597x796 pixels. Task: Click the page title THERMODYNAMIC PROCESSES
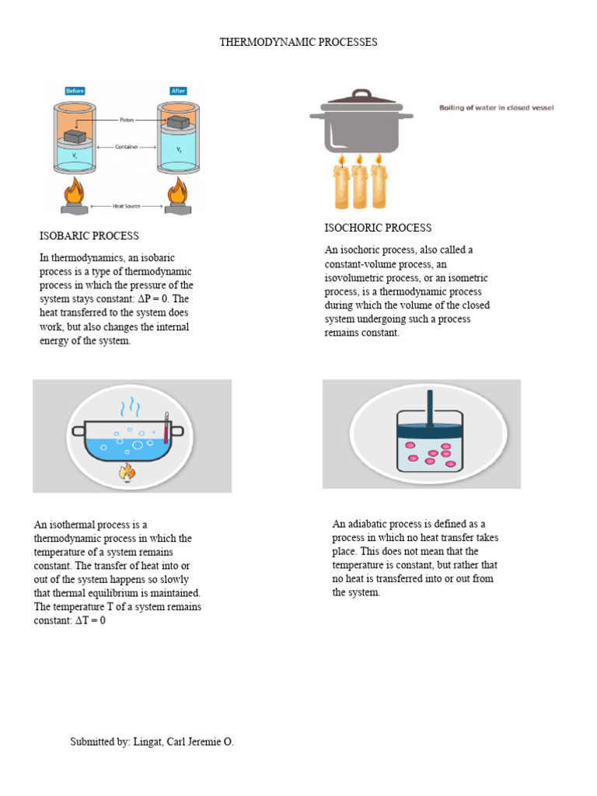[x=298, y=42]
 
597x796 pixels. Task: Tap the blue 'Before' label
[x=75, y=91]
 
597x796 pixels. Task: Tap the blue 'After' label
[x=178, y=91]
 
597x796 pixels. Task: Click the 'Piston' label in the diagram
[x=127, y=120]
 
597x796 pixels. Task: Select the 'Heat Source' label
[x=127, y=206]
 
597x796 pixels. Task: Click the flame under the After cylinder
[x=177, y=194]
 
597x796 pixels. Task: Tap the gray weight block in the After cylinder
[x=178, y=121]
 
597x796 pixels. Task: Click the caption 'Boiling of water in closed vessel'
[x=497, y=107]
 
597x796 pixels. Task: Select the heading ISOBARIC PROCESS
[x=89, y=236]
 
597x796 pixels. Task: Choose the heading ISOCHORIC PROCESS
[x=378, y=228]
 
